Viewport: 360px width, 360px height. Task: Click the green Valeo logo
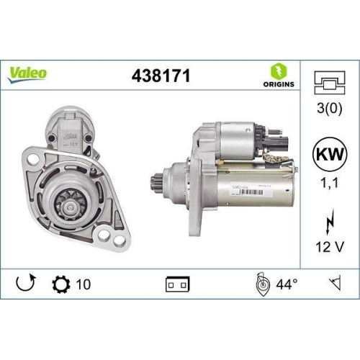[30, 72]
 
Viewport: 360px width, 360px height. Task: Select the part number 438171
[161, 74]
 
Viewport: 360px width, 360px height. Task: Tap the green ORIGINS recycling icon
[282, 69]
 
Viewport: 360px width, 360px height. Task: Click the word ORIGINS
[282, 84]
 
